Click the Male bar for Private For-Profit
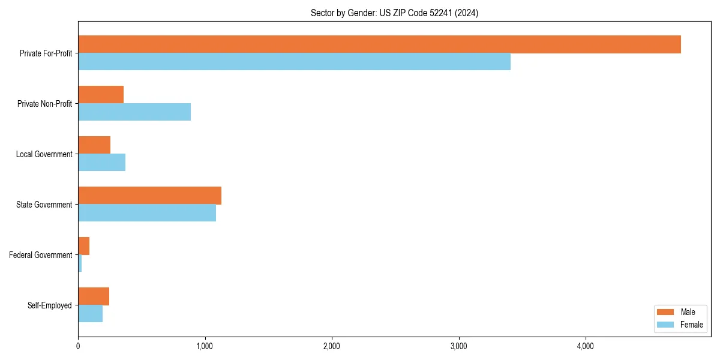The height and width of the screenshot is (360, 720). [379, 44]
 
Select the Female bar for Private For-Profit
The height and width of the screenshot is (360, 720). [294, 62]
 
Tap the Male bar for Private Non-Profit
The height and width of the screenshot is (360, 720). [101, 95]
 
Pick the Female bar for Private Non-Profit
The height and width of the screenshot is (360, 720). [134, 112]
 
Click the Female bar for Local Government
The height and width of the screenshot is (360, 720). [101, 163]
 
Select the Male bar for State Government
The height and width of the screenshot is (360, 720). [149, 196]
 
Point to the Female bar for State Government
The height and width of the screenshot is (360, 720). [147, 213]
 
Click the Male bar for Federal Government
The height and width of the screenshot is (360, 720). [83, 246]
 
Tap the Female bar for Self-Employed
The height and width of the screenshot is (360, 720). [90, 314]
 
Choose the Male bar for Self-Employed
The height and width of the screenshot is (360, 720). [94, 296]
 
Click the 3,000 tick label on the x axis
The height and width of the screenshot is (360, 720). [458, 346]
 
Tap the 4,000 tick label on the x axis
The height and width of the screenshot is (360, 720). [585, 346]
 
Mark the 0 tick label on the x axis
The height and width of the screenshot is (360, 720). [78, 346]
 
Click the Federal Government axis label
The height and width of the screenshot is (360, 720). [41, 255]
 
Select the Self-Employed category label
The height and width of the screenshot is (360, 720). [49, 305]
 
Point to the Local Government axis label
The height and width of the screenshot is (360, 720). [44, 154]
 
